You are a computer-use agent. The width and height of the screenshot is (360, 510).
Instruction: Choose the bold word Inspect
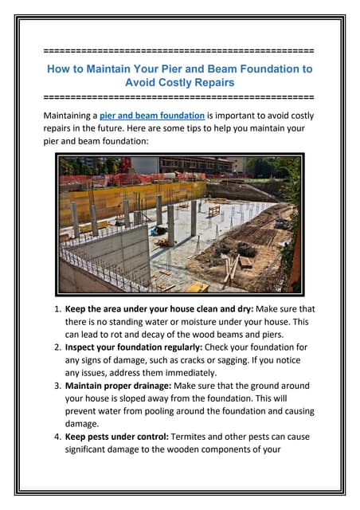84,347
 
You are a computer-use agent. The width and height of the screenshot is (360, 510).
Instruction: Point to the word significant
91,449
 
